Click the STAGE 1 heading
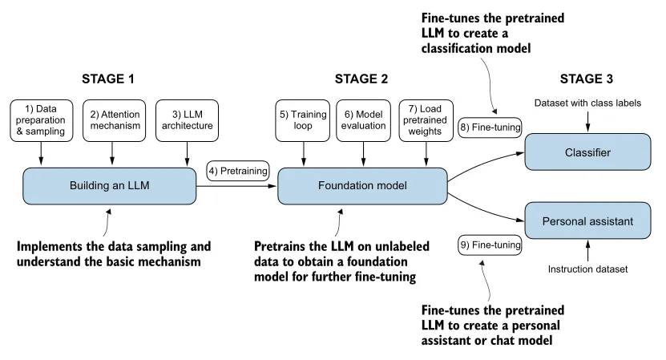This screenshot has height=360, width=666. click(x=108, y=79)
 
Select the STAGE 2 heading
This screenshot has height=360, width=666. click(x=361, y=79)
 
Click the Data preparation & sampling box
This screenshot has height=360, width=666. click(x=42, y=119)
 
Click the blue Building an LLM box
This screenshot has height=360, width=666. click(x=109, y=185)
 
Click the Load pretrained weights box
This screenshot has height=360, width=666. click(x=426, y=119)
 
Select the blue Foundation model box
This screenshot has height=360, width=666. click(x=362, y=185)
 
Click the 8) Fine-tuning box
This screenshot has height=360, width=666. click(x=490, y=127)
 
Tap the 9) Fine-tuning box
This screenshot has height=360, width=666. click(x=490, y=245)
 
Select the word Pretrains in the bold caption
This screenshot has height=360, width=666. click(x=281, y=247)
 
